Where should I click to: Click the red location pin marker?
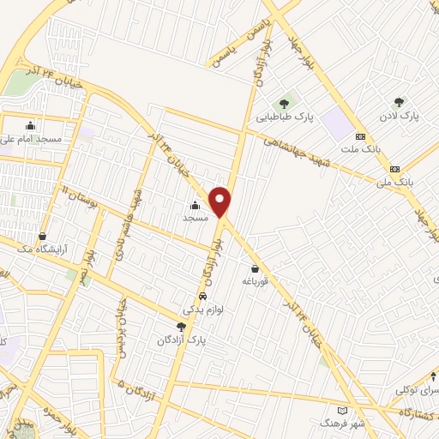pos(221,201)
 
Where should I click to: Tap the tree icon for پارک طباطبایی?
pos(284,104)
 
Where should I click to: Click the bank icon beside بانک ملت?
pos(360,135)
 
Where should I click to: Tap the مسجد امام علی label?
pos(30,138)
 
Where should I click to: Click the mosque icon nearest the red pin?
pos(195,205)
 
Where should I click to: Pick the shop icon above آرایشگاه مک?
pos(42,237)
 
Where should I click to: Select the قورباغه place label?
pos(256,281)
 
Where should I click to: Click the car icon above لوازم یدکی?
pos(201,296)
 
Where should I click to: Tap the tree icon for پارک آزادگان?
pos(180,327)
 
